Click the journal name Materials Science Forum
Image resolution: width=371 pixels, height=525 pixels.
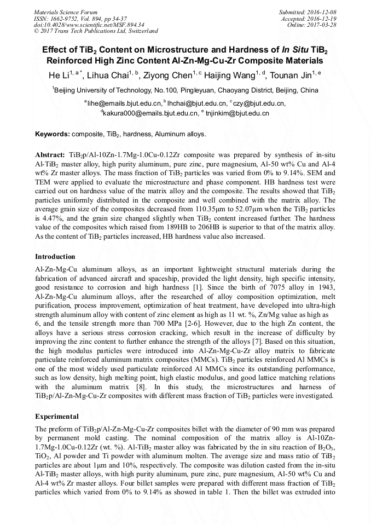click(66, 12)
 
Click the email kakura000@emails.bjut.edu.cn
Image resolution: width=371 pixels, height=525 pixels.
click(150, 114)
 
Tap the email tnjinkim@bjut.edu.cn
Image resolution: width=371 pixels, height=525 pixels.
click(236, 114)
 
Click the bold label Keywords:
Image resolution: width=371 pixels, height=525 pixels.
click(53, 134)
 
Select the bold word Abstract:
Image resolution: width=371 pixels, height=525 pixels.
click(50, 155)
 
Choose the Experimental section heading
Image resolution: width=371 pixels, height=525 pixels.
click(57, 416)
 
